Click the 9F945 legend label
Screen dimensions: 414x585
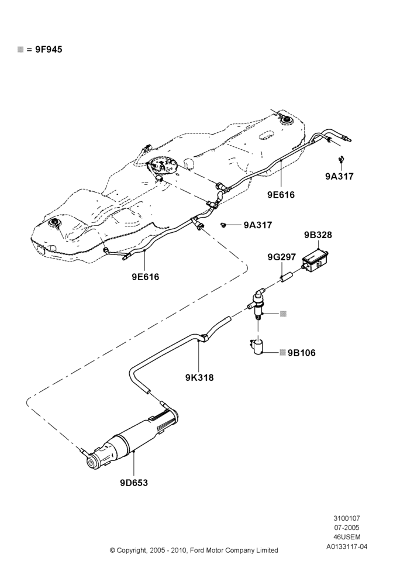(x=49, y=49)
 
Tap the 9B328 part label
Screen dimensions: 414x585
(x=318, y=235)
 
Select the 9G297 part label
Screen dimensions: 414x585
(x=282, y=257)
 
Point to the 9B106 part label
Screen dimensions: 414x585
(x=301, y=353)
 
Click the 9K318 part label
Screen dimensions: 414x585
(x=199, y=377)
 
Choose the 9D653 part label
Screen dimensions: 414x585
(x=134, y=483)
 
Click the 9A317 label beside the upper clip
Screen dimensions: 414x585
(x=339, y=177)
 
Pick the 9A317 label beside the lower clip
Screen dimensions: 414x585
(x=258, y=225)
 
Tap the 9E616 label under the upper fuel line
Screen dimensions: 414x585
(x=281, y=195)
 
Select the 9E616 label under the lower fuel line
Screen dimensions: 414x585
(x=145, y=277)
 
